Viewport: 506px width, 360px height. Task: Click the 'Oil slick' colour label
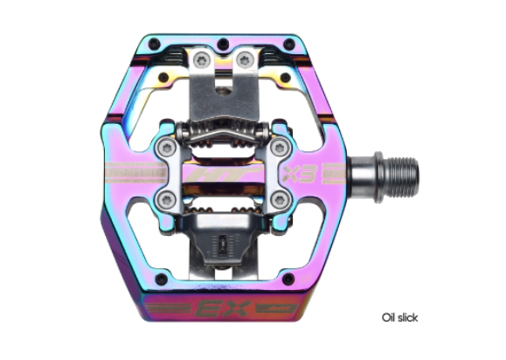[399, 317]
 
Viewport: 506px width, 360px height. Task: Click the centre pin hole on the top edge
[225, 42]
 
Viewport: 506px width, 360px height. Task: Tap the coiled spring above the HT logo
[221, 140]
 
